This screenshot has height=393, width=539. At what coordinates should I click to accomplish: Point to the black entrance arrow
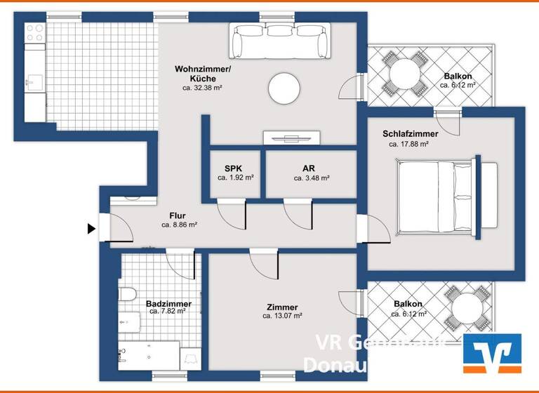tap(91, 228)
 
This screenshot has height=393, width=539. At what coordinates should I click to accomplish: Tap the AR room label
tap(308, 168)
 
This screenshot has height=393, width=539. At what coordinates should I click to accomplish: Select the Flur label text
tap(178, 215)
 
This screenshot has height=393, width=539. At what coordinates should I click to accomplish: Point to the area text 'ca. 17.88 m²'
tap(408, 144)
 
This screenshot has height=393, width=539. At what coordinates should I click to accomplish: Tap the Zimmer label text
tap(282, 307)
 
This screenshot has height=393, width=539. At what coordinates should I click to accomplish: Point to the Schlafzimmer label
tap(411, 134)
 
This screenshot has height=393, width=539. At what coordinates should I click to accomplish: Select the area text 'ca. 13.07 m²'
tap(282, 317)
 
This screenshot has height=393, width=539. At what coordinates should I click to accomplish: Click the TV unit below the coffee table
tap(292, 138)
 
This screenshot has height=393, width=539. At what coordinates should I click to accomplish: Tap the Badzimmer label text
tap(168, 304)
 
